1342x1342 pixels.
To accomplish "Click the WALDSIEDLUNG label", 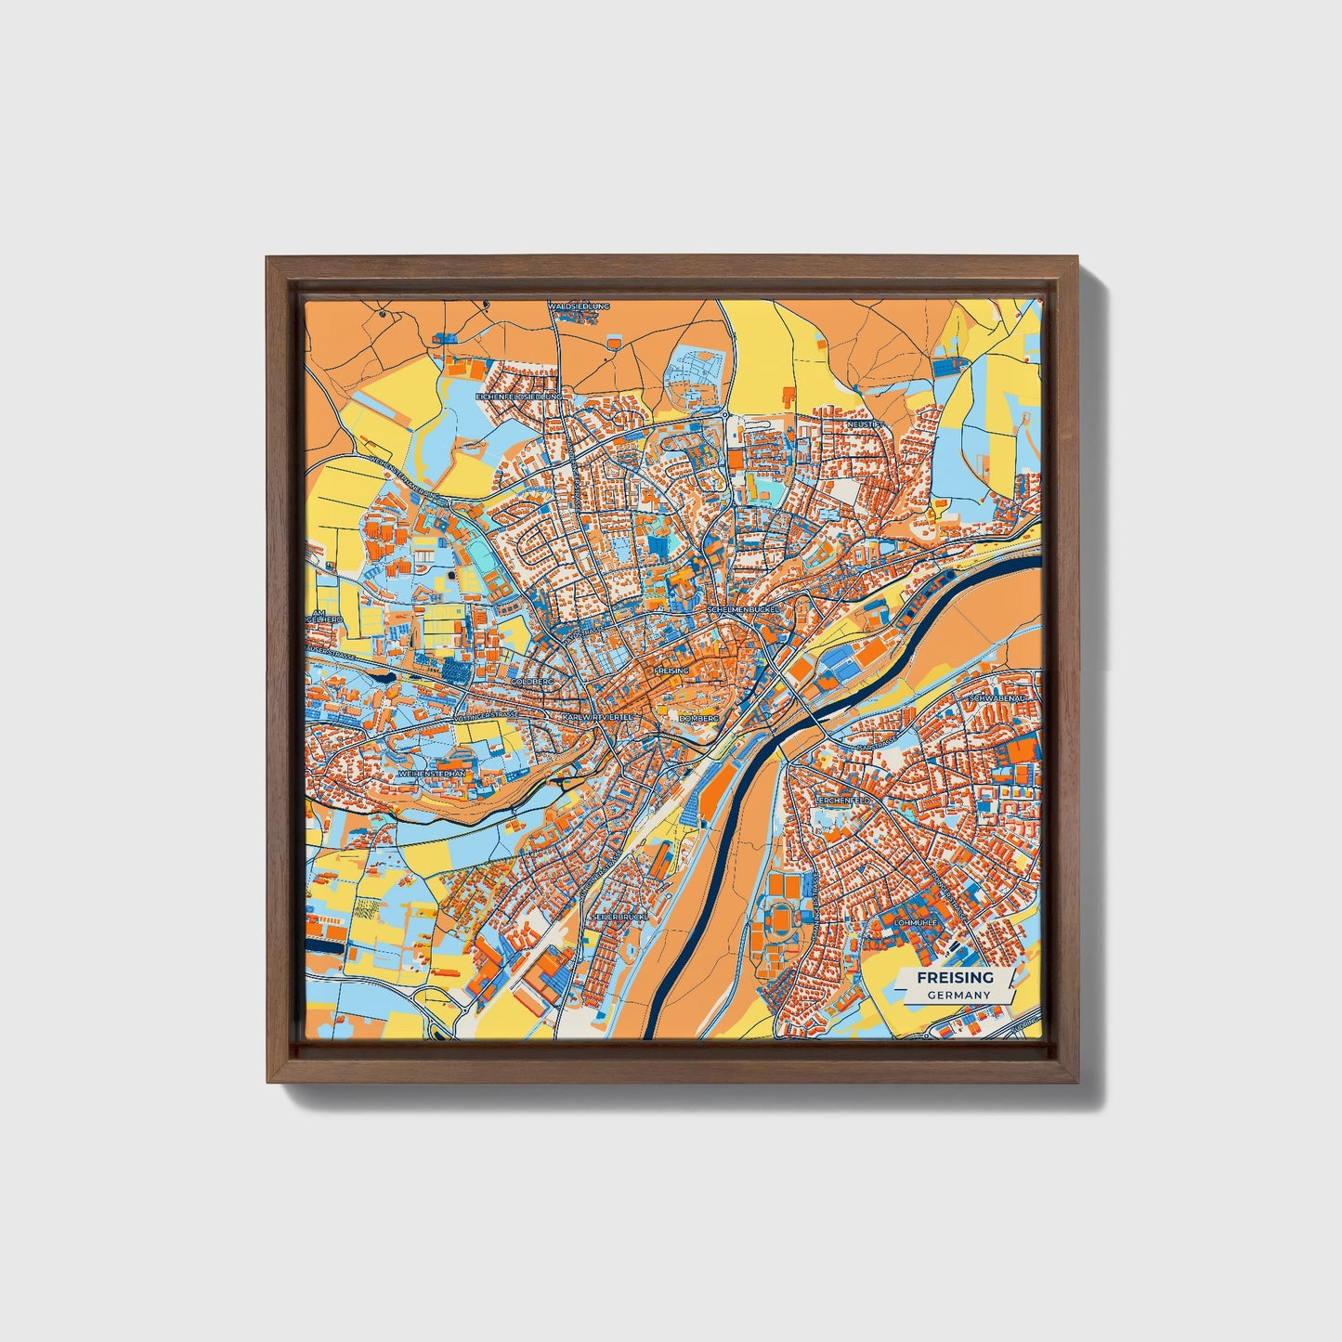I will (x=579, y=305).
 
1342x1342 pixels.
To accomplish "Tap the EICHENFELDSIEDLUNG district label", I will (x=519, y=397).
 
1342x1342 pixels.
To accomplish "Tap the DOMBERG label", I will (x=699, y=718).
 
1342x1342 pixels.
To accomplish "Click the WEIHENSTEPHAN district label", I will (x=431, y=773).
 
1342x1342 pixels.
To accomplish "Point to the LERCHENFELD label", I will (x=842, y=799).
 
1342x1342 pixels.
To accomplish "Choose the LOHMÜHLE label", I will (x=915, y=922).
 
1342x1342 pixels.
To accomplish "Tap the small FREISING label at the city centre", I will (x=671, y=670).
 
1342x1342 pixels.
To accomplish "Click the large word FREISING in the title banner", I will (x=955, y=978).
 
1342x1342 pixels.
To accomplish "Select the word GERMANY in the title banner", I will (x=958, y=995).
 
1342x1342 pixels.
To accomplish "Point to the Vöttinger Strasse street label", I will (x=486, y=716).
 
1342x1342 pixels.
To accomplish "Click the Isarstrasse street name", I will (x=878, y=746).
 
